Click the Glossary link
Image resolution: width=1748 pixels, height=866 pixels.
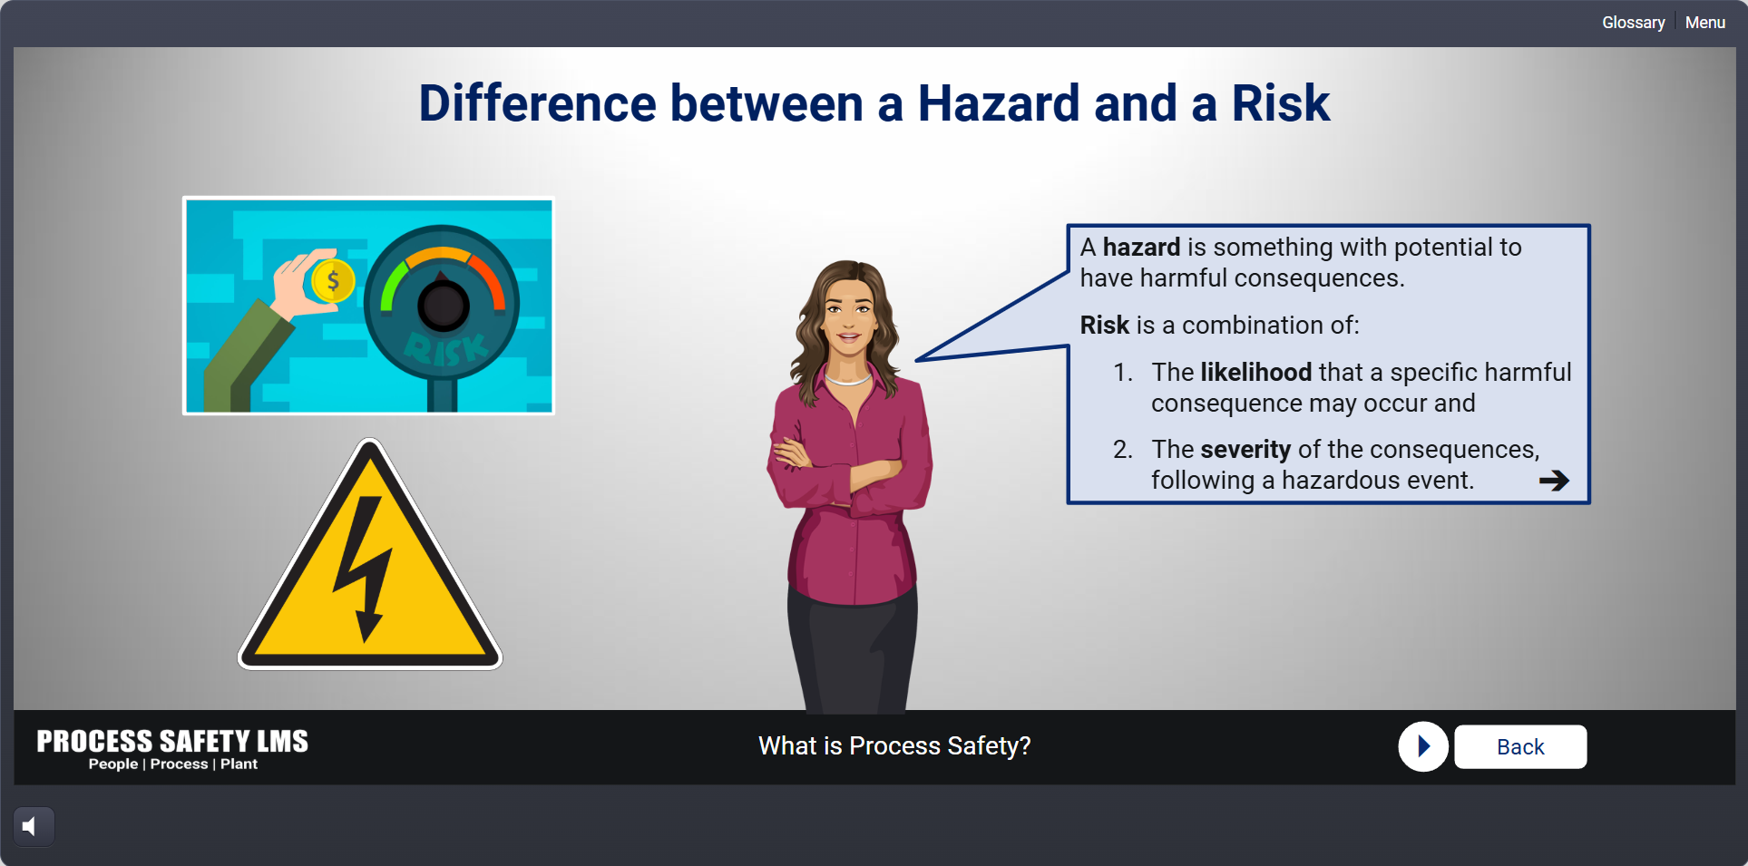coord(1633,23)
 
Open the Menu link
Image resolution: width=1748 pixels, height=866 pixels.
coord(1705,23)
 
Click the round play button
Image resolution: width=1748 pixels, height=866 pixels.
coord(1423,746)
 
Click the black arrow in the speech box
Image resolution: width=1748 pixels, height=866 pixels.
coord(1554,481)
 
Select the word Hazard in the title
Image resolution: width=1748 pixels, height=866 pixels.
coord(999,102)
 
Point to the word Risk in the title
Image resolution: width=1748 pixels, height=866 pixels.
coord(1281,102)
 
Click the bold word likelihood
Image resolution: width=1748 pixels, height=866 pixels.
coord(1255,372)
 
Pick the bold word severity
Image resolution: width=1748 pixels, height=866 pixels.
coord(1245,450)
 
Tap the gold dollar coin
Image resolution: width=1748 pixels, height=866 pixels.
coord(333,281)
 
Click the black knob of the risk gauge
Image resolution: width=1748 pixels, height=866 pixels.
coord(444,306)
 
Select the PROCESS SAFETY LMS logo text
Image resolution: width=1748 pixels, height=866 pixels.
coord(172,741)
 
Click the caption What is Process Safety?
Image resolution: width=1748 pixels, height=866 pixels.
coord(894,745)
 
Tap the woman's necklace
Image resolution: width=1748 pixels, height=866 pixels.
coord(848,379)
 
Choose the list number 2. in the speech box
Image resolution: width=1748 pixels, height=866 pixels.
coord(1123,450)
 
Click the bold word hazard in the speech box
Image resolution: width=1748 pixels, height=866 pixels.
coord(1141,248)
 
